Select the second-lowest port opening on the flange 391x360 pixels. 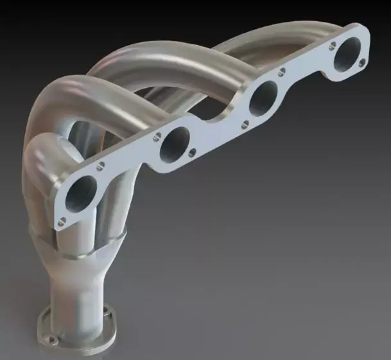tap(174, 144)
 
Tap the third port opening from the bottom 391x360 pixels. tap(262, 99)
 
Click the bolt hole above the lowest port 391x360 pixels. tap(100, 167)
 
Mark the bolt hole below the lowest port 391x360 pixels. tap(62, 222)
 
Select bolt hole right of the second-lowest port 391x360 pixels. tap(191, 153)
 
